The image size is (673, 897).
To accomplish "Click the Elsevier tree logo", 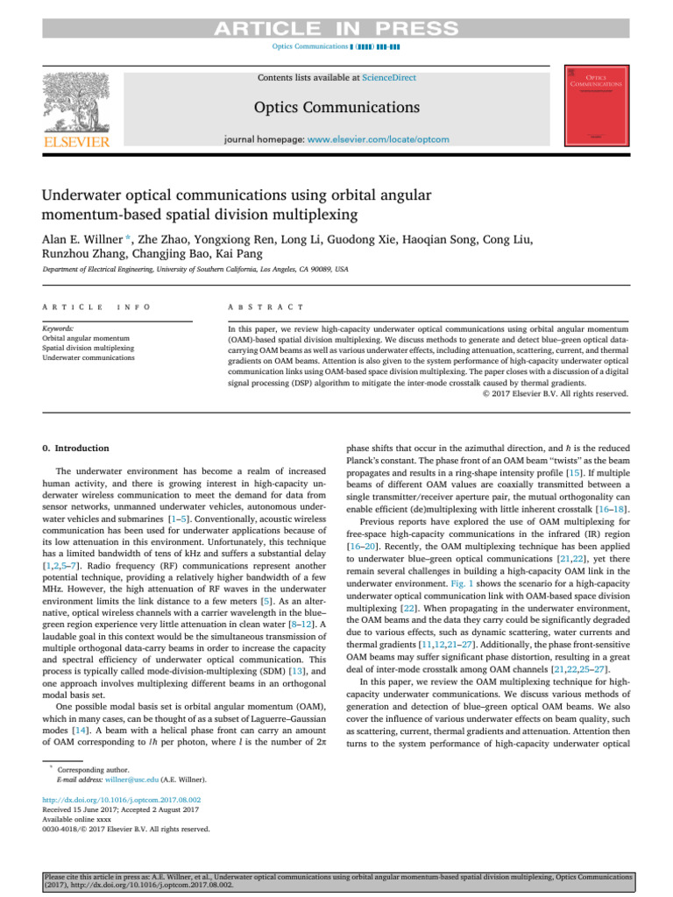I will [77, 100].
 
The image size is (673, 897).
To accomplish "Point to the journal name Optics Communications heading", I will [336, 108].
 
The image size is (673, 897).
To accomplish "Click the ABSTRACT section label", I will [265, 307].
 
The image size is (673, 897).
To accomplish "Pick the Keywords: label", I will [58, 327].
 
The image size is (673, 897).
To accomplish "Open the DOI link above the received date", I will [122, 800].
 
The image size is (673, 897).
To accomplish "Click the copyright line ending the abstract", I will [556, 394].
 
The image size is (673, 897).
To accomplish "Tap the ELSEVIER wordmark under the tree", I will [77, 141].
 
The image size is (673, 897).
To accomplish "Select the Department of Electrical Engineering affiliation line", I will [195, 270].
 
